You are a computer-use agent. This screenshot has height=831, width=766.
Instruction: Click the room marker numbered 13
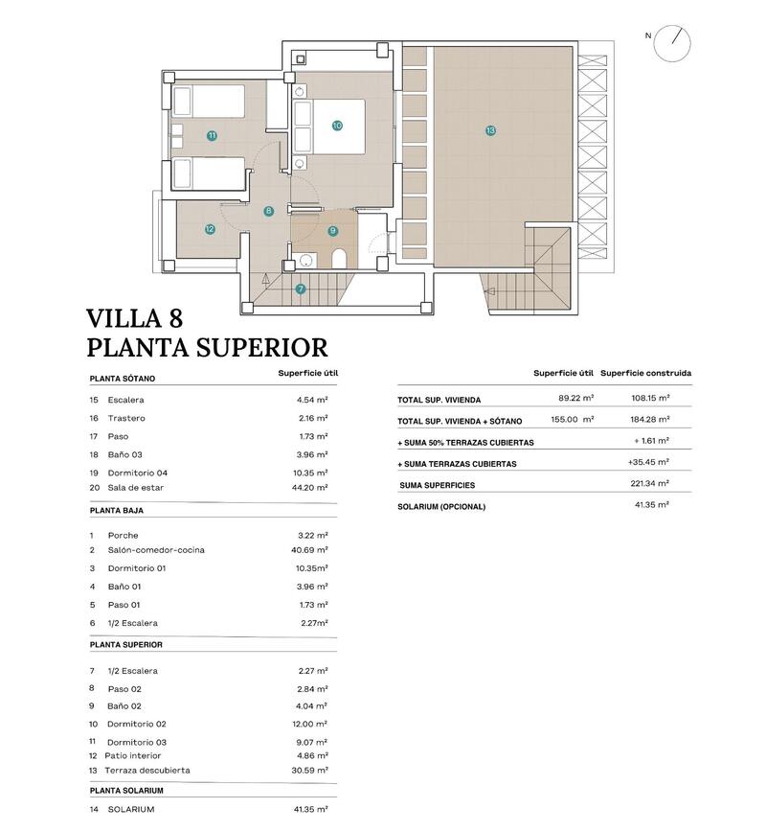[x=490, y=130]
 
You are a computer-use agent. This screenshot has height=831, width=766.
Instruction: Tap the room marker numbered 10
[x=337, y=125]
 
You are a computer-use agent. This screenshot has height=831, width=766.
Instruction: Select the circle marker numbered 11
[x=212, y=135]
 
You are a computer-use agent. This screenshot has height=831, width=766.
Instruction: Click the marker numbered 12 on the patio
[x=209, y=229]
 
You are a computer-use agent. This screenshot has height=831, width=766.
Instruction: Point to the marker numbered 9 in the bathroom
[x=332, y=230]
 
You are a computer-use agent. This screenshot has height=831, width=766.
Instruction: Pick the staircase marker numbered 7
[x=301, y=289]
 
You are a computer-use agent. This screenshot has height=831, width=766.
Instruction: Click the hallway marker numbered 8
[x=269, y=211]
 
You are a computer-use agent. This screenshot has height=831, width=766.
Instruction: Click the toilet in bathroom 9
[x=339, y=259]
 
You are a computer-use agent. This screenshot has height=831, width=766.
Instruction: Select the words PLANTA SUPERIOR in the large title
[x=207, y=347]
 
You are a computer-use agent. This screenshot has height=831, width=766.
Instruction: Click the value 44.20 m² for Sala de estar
[x=313, y=488]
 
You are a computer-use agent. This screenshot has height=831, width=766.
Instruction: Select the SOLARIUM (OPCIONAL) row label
[x=441, y=506]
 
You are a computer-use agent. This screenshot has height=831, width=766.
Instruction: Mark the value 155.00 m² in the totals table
[x=574, y=419]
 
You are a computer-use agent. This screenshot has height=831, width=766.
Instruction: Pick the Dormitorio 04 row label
[x=138, y=473]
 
